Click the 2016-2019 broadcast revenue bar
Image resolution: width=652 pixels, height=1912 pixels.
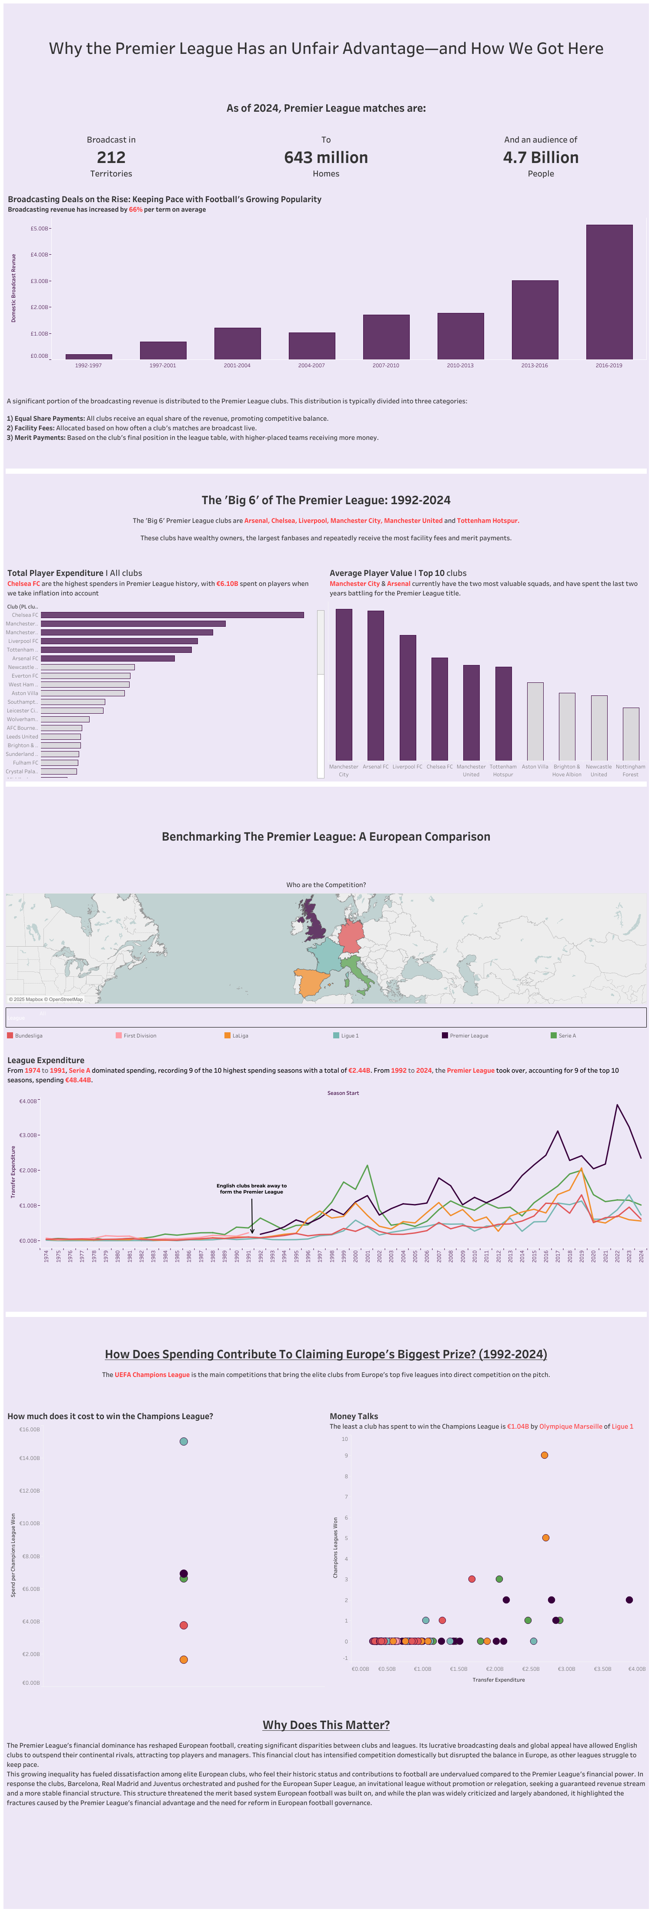point(609,292)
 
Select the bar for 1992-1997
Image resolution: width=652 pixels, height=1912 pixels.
point(88,357)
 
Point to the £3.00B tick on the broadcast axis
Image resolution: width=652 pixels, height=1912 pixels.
point(40,281)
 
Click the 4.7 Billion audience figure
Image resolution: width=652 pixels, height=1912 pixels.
point(541,157)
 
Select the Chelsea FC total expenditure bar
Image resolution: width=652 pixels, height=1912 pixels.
point(172,615)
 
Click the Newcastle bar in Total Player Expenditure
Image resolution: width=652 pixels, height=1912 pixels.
point(87,667)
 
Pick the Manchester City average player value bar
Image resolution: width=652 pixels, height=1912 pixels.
point(344,684)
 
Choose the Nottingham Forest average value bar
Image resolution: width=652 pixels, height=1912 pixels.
point(630,733)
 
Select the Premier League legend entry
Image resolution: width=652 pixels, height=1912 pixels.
point(468,1035)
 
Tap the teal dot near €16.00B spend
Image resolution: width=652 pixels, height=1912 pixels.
point(184,1441)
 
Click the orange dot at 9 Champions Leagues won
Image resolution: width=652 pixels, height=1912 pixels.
point(544,1455)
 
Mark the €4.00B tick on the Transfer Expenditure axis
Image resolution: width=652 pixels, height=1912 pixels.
point(636,1669)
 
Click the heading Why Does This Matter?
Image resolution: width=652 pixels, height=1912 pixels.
point(326,1725)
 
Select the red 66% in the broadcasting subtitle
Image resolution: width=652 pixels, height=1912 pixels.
point(135,209)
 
